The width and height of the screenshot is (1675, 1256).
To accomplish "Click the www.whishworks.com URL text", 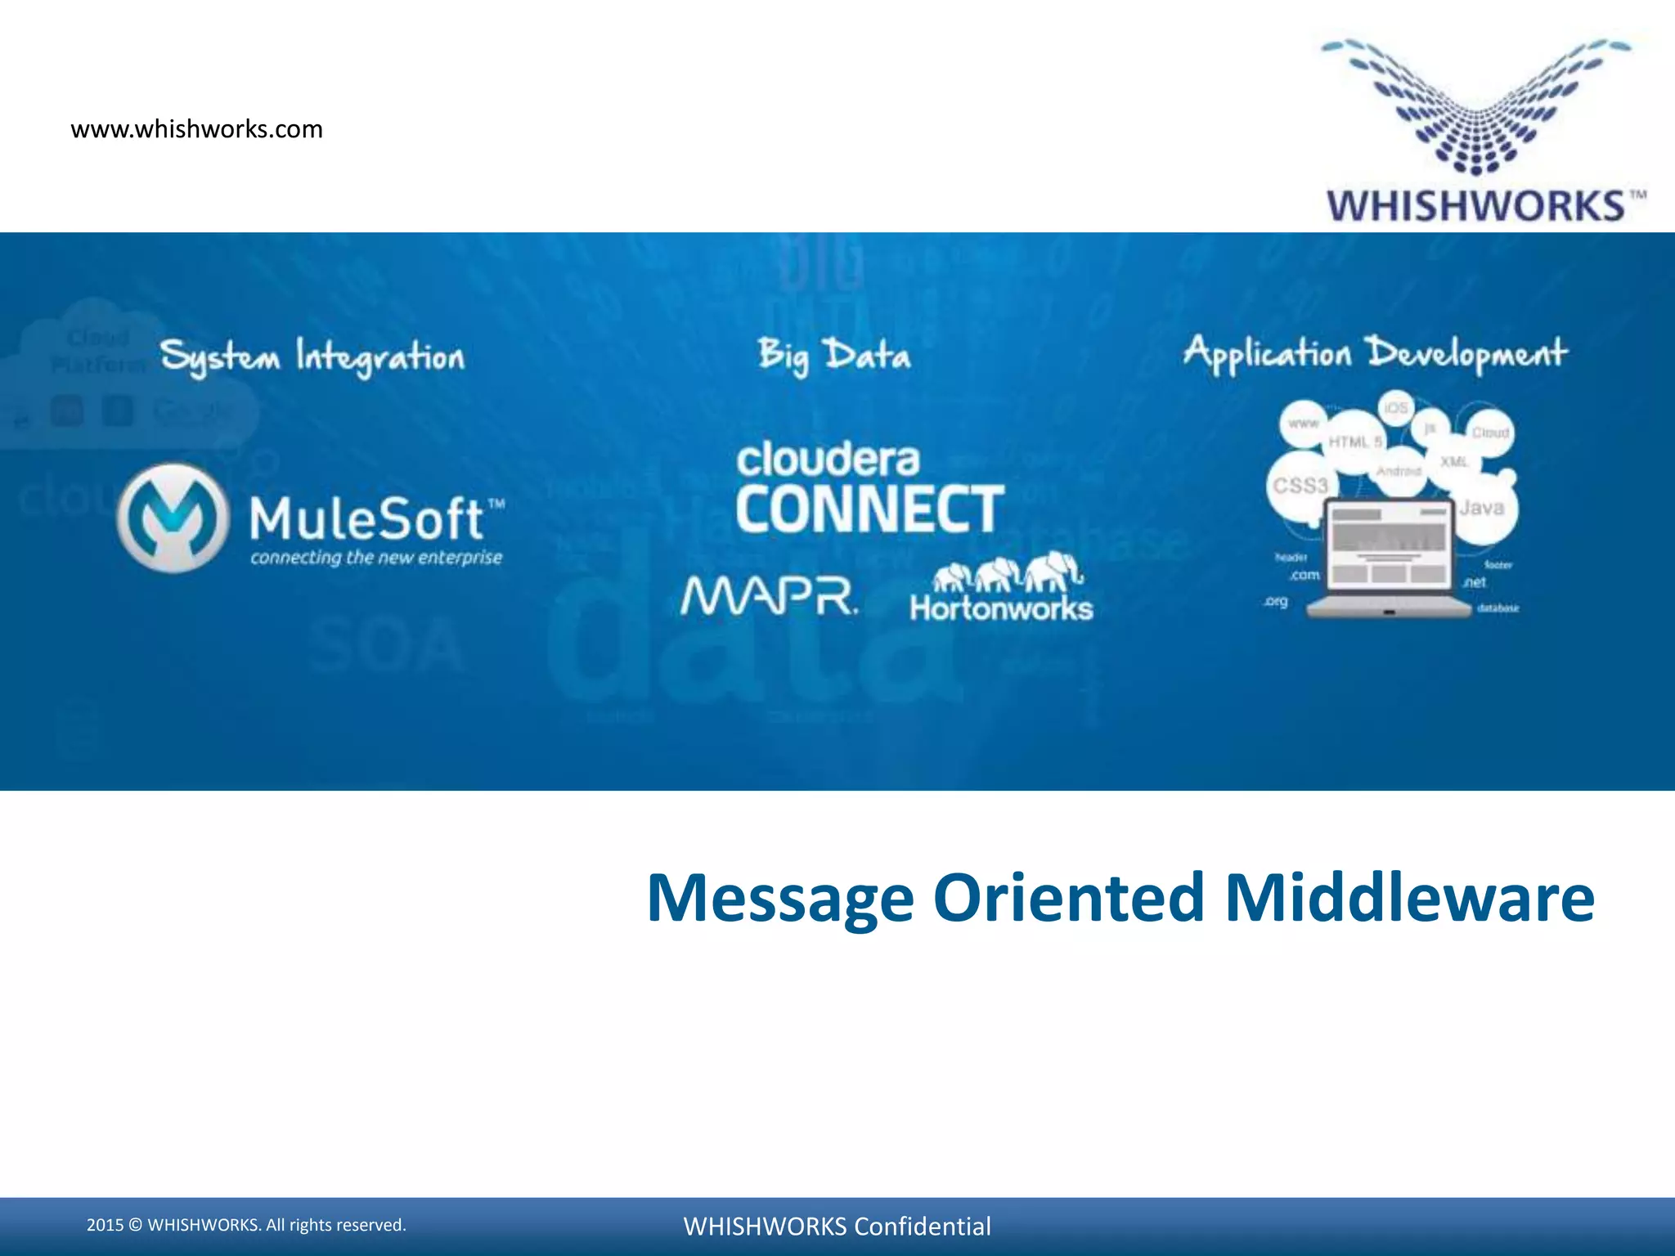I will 196,129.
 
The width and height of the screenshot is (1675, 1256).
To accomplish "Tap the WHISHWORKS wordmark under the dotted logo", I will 1475,205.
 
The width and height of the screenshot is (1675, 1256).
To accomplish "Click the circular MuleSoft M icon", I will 173,517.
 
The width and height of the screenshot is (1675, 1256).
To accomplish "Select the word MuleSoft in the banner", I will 367,519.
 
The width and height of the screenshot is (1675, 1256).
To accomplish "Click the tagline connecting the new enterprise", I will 376,558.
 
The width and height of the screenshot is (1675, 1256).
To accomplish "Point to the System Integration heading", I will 312,357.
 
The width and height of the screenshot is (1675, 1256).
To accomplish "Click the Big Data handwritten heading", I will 833,356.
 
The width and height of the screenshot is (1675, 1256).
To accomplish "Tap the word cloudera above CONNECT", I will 828,460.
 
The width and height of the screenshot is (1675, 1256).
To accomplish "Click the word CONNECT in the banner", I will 869,509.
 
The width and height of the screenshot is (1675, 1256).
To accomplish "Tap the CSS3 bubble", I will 1300,486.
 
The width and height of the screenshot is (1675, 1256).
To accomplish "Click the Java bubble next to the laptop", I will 1482,509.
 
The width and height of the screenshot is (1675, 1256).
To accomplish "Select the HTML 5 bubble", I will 1354,442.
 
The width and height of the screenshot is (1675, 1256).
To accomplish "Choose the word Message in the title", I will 779,898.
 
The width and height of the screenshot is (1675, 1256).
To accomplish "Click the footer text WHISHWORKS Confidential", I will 837,1226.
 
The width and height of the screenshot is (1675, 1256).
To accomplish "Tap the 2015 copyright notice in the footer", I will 246,1225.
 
